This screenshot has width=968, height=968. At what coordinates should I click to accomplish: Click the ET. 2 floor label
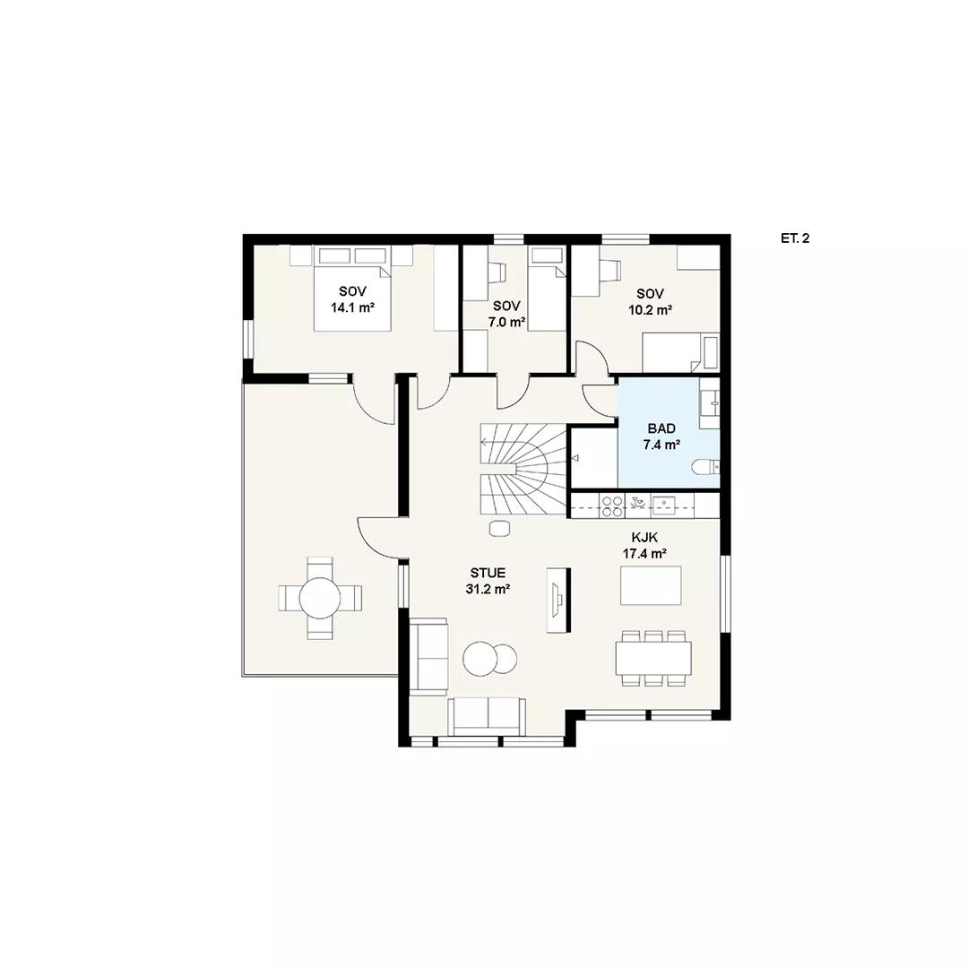(794, 238)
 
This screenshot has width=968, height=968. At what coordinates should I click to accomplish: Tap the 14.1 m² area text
(352, 307)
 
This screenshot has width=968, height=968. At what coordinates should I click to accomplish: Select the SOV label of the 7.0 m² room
(506, 306)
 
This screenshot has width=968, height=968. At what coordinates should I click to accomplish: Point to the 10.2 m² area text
(650, 310)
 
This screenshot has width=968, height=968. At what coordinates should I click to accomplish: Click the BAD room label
(661, 428)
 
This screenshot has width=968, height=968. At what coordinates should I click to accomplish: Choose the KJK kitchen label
(644, 538)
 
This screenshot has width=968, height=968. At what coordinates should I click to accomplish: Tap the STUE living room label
(488, 574)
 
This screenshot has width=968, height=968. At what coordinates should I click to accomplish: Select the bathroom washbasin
(710, 403)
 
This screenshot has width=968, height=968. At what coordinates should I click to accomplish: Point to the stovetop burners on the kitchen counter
(612, 506)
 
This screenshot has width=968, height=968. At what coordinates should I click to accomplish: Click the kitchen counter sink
(663, 506)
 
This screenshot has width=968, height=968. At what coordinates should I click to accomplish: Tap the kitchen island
(651, 585)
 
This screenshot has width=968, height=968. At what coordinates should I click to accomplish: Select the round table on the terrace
(320, 598)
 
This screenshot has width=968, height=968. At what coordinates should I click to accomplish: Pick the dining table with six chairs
(653, 658)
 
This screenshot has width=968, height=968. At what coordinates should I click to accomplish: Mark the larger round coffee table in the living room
(480, 659)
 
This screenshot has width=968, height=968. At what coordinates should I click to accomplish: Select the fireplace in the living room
(558, 599)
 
